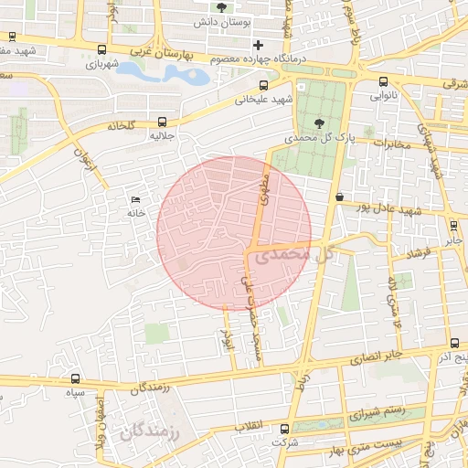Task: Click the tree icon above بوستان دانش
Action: pyautogui.click(x=222, y=8)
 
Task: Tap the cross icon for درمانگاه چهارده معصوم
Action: pyautogui.click(x=259, y=45)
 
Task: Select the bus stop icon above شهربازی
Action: pyautogui.click(x=102, y=50)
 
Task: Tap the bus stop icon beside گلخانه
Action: pyautogui.click(x=163, y=121)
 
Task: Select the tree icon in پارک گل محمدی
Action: pyautogui.click(x=318, y=123)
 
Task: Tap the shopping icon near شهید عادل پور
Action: pyautogui.click(x=340, y=197)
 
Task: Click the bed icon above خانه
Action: pyautogui.click(x=136, y=200)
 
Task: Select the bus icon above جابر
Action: pyautogui.click(x=454, y=226)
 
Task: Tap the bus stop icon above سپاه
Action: pyautogui.click(x=75, y=378)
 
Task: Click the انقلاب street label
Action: pyautogui.click(x=249, y=427)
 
